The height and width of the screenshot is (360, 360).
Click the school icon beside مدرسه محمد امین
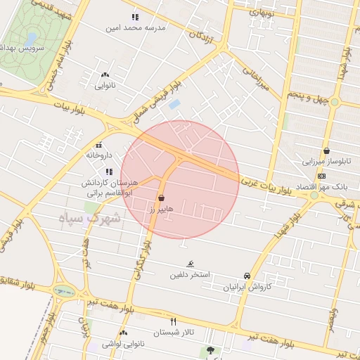click(134, 17)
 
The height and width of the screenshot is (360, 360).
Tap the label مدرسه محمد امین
click(136, 28)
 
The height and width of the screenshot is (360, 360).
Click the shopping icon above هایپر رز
click(162, 198)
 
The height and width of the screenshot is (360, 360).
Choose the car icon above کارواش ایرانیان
click(246, 276)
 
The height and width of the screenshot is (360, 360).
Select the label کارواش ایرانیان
click(247, 287)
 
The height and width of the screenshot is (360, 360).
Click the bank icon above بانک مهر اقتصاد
click(322, 175)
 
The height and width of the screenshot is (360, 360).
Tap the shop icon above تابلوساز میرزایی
click(326, 150)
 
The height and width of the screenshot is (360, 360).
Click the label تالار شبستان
click(173, 332)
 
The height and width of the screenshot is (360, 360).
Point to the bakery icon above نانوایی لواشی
click(124, 333)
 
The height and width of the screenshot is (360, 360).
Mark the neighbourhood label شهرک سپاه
click(96, 219)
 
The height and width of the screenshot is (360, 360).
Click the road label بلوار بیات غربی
click(265, 186)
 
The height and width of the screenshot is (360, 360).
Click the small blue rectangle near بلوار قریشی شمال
click(175, 105)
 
